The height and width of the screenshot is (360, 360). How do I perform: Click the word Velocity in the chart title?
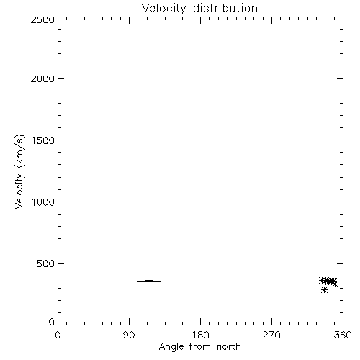163,9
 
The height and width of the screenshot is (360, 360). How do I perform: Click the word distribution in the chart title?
225,8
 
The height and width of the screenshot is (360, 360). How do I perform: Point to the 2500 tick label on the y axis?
42,19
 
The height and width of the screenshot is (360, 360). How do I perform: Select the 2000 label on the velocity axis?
42,78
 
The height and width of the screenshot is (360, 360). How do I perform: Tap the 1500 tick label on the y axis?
43,140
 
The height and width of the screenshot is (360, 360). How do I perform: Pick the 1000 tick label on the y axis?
43,202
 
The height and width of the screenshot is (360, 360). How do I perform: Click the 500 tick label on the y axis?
46,264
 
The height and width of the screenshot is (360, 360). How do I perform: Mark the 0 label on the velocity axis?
52,322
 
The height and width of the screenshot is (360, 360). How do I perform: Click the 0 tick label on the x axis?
58,335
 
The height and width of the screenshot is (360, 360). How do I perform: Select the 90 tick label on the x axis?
129,335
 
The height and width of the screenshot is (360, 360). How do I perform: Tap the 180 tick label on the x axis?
200,335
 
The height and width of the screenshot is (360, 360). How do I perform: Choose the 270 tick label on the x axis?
271,335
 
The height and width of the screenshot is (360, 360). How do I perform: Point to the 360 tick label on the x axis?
343,335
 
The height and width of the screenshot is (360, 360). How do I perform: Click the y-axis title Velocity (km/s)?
19,171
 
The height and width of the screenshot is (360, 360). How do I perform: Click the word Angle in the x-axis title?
171,347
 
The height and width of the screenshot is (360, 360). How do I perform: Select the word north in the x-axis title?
229,347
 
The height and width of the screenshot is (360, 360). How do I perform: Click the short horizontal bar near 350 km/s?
149,282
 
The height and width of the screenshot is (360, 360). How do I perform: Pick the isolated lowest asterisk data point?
324,290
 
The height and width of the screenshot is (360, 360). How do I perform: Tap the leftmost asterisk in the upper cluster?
322,280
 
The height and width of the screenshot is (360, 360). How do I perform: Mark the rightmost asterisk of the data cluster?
336,284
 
